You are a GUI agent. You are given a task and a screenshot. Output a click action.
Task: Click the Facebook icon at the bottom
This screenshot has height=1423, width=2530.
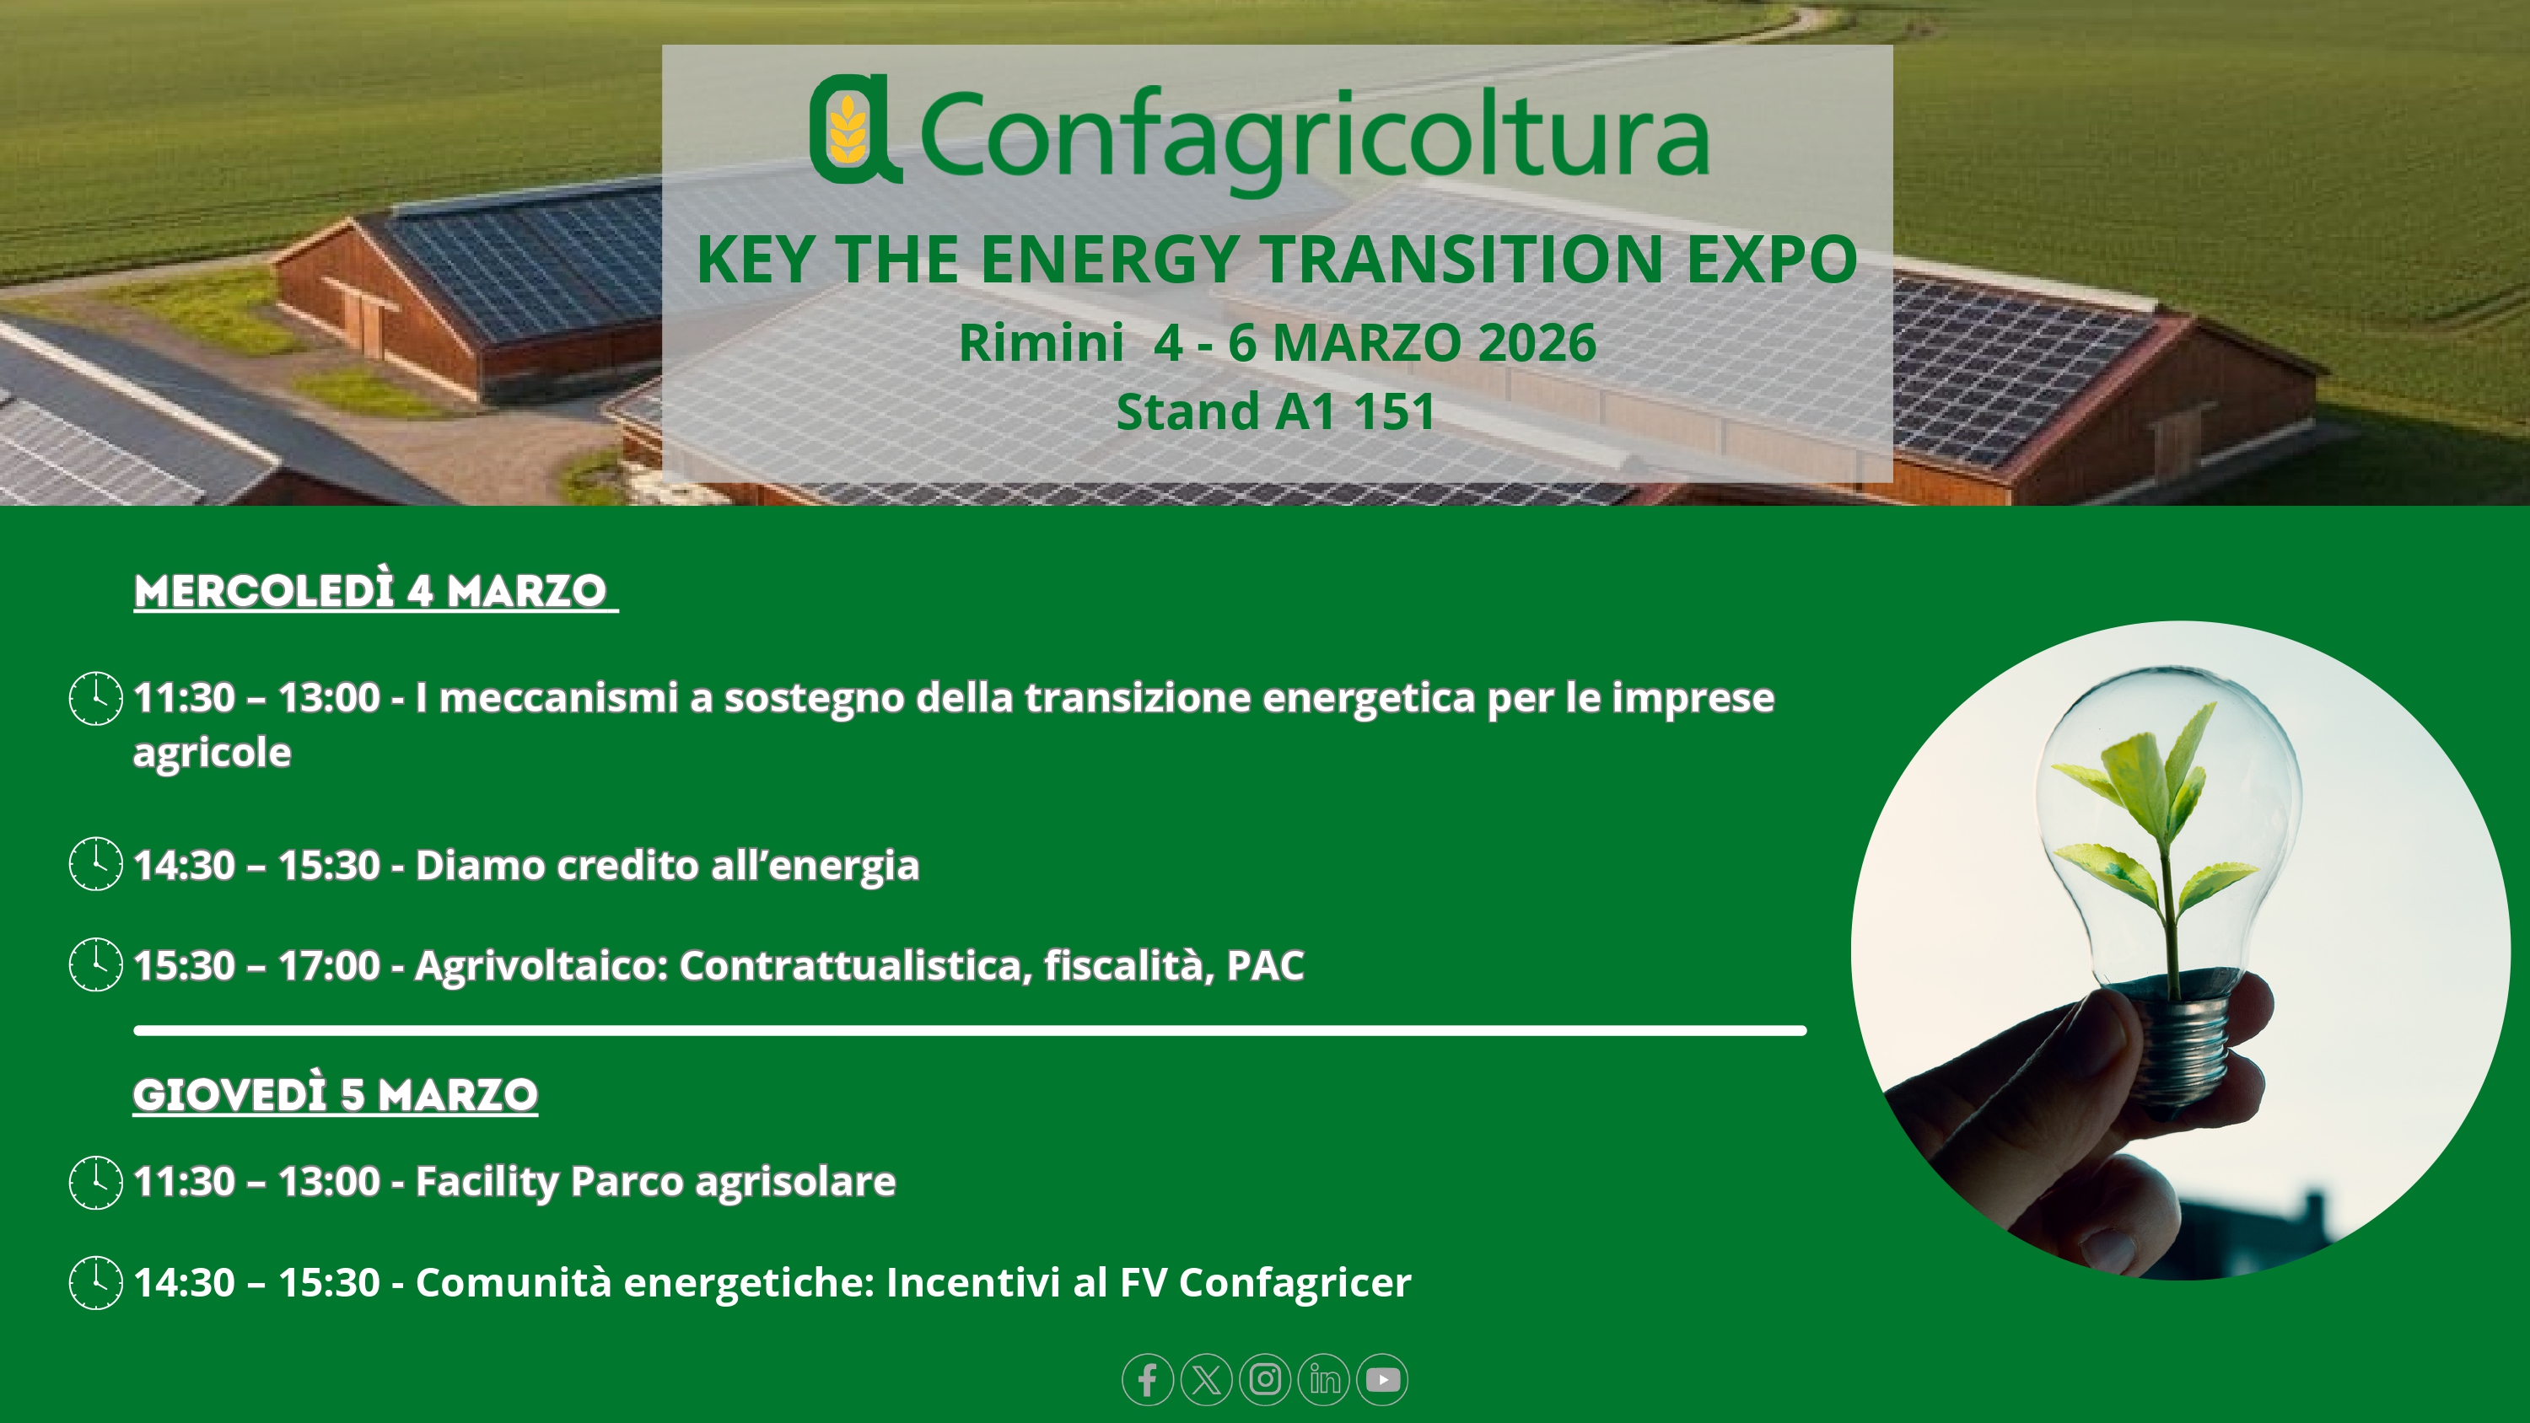pos(1147,1380)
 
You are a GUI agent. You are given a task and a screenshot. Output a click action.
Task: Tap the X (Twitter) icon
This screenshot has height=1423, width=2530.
pos(1206,1380)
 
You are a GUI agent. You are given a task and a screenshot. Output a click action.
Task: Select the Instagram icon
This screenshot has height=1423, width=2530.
pos(1265,1380)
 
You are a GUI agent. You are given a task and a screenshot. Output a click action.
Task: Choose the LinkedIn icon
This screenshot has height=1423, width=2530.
pos(1324,1380)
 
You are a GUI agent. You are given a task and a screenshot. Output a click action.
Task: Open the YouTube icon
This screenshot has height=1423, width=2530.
pos(1383,1380)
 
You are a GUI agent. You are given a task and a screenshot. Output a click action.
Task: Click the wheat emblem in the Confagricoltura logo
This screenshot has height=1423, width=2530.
pos(847,129)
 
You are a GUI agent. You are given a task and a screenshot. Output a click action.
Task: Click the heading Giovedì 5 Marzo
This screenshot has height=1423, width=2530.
pos(335,1095)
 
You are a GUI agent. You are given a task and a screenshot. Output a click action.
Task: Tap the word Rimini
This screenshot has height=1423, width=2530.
pos(1041,343)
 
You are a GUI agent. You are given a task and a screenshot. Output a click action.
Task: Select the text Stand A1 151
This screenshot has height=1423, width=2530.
pos(1276,411)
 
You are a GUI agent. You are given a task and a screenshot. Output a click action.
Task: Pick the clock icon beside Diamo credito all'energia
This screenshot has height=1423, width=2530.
pos(95,864)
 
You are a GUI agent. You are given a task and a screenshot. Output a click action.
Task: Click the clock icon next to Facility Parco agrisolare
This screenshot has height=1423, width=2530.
pos(95,1183)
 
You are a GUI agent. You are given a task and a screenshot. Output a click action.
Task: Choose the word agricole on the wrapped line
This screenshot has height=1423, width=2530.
pos(213,754)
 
